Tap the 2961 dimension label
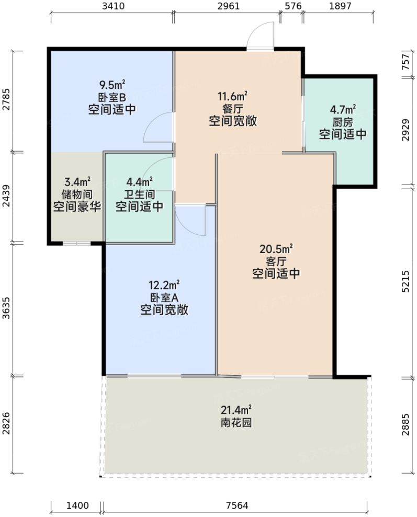226,7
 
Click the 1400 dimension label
76,505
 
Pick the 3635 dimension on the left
6,308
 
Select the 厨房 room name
342,122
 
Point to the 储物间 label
76,194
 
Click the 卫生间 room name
139,194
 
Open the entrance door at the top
260,37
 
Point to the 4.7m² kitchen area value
343,110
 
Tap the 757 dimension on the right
406,64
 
